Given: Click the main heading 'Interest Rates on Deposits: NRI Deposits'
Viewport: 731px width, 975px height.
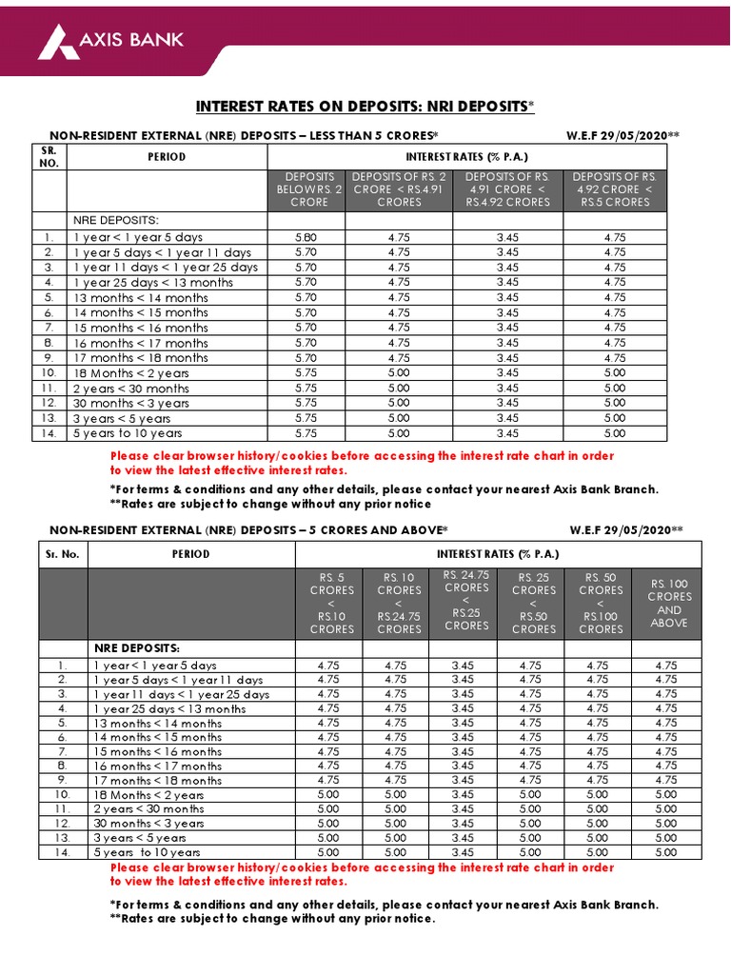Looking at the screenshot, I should point(365,106).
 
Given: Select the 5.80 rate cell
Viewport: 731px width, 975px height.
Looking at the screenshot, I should point(307,237).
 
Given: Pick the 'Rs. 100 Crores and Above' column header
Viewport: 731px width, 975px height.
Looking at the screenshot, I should point(669,603).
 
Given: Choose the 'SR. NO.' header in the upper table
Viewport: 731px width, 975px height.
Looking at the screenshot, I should point(49,156).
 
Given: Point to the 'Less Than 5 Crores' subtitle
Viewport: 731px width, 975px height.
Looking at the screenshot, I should point(244,136).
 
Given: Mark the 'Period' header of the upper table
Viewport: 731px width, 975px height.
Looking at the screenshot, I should point(167,156).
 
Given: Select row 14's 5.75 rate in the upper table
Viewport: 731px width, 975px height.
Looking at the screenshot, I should point(307,433).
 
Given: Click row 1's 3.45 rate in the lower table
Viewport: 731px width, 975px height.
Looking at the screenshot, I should point(463,666).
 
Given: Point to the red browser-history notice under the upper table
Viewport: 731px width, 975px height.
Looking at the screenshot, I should point(362,463).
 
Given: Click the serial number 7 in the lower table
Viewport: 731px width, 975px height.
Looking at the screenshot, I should point(63,751).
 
